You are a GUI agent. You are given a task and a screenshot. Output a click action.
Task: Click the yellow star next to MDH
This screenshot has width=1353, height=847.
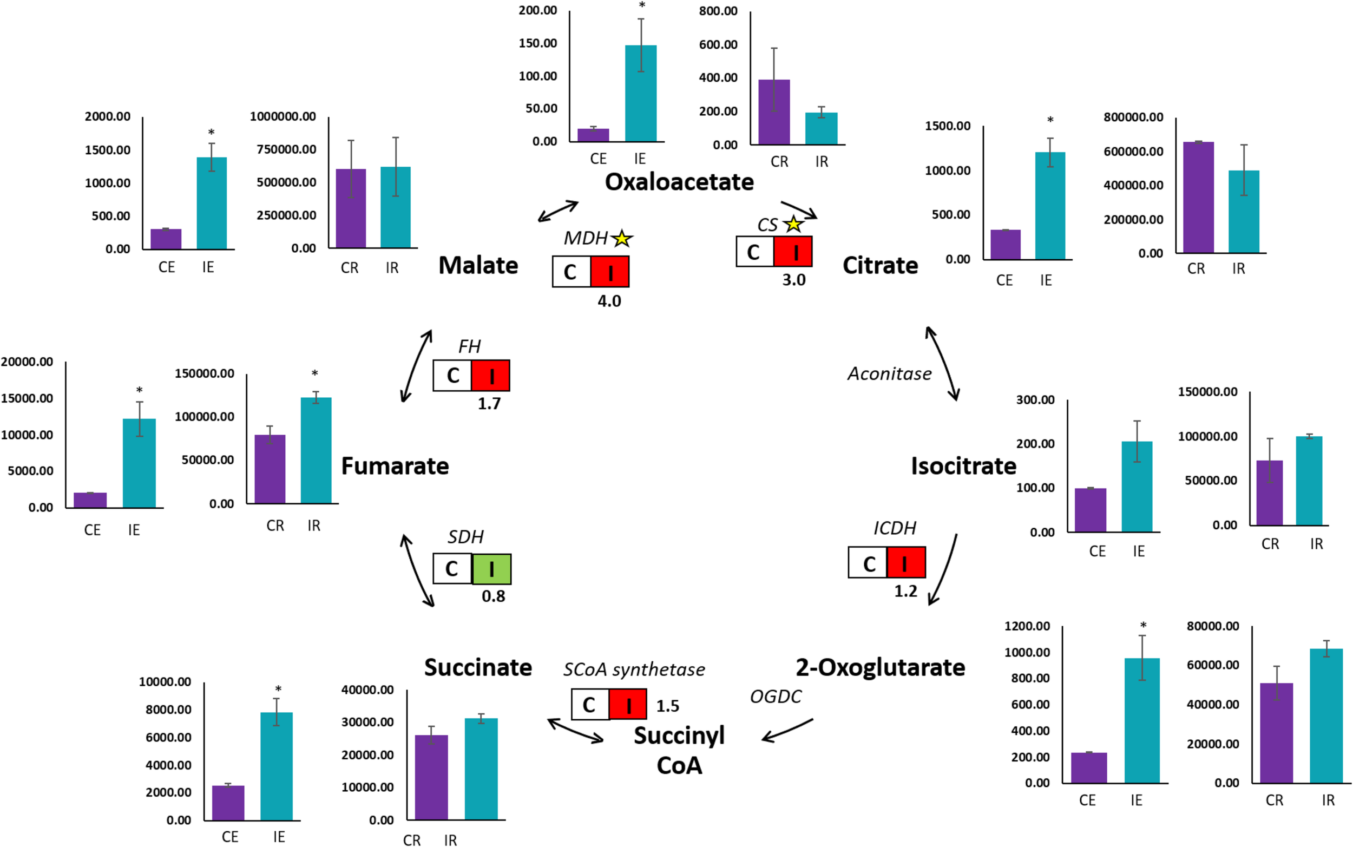622,239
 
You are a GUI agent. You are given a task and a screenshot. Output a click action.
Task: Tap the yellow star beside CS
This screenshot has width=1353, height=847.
793,225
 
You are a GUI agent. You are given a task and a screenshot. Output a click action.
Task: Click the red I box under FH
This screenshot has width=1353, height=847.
490,375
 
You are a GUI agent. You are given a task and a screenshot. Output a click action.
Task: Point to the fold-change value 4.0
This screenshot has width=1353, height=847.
609,301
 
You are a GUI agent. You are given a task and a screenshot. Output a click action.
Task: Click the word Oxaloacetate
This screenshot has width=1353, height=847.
679,182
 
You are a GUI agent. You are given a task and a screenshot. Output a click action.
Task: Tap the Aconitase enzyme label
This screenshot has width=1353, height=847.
889,373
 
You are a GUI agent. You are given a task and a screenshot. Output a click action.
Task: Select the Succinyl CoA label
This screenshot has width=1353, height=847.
679,751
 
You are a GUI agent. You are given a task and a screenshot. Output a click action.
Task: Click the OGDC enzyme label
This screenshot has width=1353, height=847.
776,697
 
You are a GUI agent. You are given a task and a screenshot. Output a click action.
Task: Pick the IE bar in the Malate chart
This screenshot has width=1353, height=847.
212,203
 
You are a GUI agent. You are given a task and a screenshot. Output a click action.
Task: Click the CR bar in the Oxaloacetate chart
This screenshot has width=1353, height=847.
774,112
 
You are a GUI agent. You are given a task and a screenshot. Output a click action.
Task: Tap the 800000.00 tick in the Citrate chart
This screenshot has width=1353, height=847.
1133,117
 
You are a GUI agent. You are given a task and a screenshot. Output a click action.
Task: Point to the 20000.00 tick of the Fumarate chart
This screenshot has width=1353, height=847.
27,362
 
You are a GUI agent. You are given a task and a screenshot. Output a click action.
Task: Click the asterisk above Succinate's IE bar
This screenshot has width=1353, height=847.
278,689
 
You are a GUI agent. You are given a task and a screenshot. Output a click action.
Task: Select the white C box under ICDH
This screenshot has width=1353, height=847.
868,563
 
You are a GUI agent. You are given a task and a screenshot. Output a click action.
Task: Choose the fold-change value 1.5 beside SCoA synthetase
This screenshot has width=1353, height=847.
667,706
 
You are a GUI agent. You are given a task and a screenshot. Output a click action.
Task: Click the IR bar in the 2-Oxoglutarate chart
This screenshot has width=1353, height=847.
1326,715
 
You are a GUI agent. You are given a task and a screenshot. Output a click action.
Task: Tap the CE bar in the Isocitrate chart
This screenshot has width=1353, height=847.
1091,510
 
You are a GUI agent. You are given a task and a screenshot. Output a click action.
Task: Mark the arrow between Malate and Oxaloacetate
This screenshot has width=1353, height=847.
558,211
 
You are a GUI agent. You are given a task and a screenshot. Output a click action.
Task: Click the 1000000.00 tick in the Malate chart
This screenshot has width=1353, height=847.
283,116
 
